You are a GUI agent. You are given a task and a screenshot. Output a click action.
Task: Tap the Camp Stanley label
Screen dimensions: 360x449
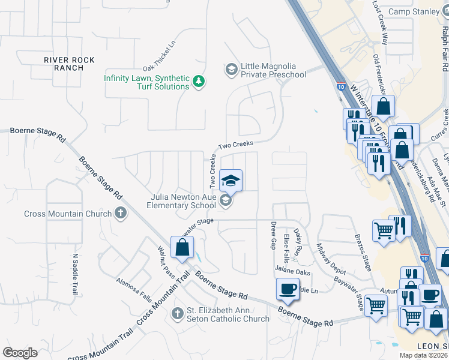coord(414,11)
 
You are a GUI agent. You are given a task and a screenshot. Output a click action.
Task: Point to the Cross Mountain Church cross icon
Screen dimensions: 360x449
coord(120,213)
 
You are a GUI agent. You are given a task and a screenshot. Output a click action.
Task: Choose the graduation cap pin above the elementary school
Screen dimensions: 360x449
coord(230,180)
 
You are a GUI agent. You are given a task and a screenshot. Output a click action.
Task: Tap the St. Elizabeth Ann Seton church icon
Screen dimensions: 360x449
coord(177,313)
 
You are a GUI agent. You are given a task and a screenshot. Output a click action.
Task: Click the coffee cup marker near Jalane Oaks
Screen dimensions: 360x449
coord(288,289)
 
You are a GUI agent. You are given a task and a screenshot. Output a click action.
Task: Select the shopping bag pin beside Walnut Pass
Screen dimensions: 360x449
coord(182,247)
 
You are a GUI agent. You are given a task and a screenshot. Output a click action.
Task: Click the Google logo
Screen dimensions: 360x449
coord(20,352)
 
